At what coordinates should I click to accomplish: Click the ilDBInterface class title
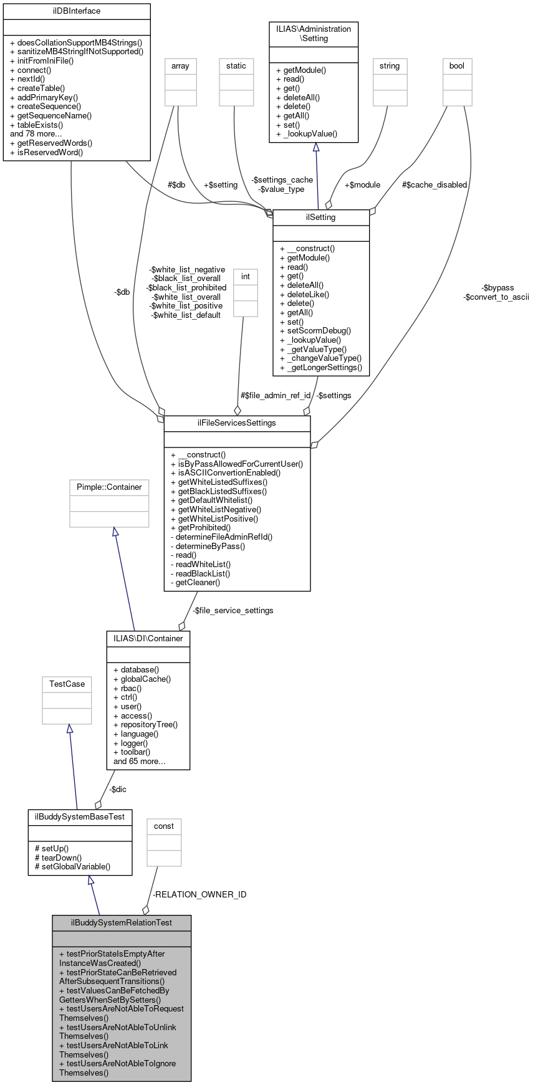pyautogui.click(x=77, y=11)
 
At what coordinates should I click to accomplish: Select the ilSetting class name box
pyautogui.click(x=321, y=217)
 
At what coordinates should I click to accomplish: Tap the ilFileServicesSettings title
pyautogui.click(x=237, y=423)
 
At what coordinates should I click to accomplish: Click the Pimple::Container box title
pyautogui.click(x=109, y=487)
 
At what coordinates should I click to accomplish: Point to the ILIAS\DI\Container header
pyautogui.click(x=148, y=639)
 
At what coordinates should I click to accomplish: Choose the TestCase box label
pyautogui.click(x=67, y=684)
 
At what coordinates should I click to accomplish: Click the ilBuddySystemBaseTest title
pyautogui.click(x=80, y=817)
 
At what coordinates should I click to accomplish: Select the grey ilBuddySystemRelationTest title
pyautogui.click(x=122, y=923)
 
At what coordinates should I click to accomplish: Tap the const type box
pyautogui.click(x=164, y=826)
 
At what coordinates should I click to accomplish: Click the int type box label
pyautogui.click(x=246, y=277)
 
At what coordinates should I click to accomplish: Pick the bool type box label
pyautogui.click(x=457, y=66)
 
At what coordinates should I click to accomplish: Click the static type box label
pyautogui.click(x=236, y=66)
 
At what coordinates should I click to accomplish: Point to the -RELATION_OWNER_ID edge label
pyautogui.click(x=199, y=895)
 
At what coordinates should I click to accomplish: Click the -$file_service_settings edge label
pyautogui.click(x=233, y=611)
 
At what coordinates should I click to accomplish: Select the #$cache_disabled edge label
pyautogui.click(x=435, y=185)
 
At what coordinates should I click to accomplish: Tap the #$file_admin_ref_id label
pyautogui.click(x=276, y=396)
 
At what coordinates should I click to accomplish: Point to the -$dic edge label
pyautogui.click(x=117, y=790)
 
